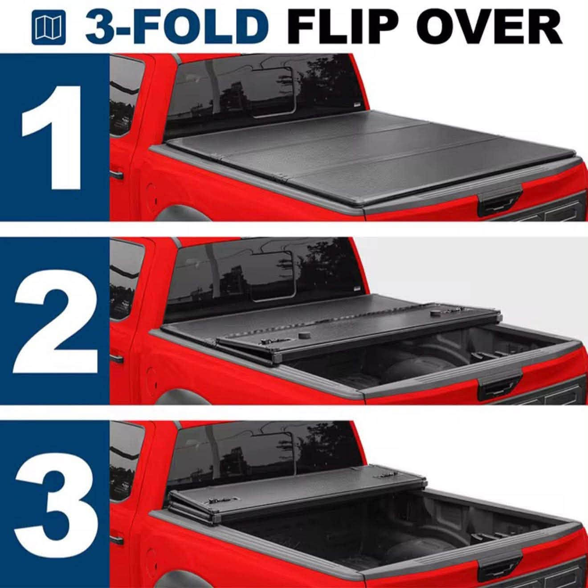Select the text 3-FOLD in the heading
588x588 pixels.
point(176,27)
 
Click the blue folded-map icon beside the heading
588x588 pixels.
point(49,27)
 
